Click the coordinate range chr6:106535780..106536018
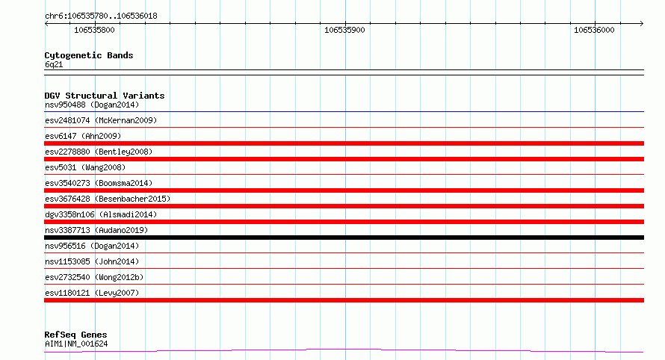pyautogui.click(x=101, y=16)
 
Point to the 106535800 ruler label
pyautogui.click(x=94, y=30)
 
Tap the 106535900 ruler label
pyautogui.click(x=344, y=30)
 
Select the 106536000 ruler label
pyautogui.click(x=594, y=30)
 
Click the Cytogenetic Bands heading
pyautogui.click(x=89, y=55)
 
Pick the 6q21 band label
pyautogui.click(x=54, y=64)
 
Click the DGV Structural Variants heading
pyautogui.click(x=105, y=96)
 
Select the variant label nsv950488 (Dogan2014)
pyautogui.click(x=92, y=105)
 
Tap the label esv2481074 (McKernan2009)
pyautogui.click(x=101, y=120)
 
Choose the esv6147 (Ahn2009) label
pyautogui.click(x=83, y=136)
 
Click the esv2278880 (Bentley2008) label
pyautogui.click(x=99, y=152)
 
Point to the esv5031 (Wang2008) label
pyautogui.click(x=85, y=167)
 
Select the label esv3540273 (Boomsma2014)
pyautogui.click(x=99, y=183)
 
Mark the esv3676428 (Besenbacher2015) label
pyautogui.click(x=108, y=199)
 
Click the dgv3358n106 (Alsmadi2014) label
pyautogui.click(x=101, y=214)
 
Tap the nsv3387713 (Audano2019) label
pyautogui.click(x=96, y=230)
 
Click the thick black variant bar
pyautogui.click(x=344, y=238)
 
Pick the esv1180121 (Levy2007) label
pyautogui.click(x=92, y=293)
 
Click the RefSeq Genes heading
pyautogui.click(x=75, y=335)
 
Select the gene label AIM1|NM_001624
pyautogui.click(x=76, y=344)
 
